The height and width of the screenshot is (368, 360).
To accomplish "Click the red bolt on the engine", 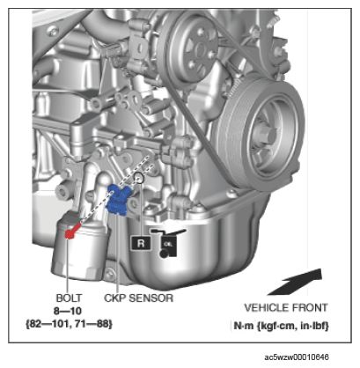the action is pyautogui.click(x=71, y=231).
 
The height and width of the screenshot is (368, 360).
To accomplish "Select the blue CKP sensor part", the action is pyautogui.click(x=118, y=200).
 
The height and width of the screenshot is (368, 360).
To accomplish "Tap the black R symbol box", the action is pyautogui.click(x=141, y=243).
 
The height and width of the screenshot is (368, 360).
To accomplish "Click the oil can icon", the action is pyautogui.click(x=168, y=243).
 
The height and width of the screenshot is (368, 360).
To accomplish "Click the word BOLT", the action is pyautogui.click(x=69, y=298).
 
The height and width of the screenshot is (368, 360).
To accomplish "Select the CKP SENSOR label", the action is pyautogui.click(x=138, y=298).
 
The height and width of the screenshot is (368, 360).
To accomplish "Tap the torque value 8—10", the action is pyautogui.click(x=68, y=311).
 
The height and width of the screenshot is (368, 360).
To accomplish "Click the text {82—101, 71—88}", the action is pyautogui.click(x=69, y=324).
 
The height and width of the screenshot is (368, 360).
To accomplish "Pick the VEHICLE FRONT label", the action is pyautogui.click(x=286, y=307).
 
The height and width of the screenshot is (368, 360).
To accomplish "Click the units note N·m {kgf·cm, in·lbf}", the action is pyautogui.click(x=281, y=326).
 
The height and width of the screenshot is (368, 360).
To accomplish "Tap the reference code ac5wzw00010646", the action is pyautogui.click(x=297, y=357).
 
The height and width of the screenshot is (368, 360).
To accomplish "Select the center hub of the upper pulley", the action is pyautogui.click(x=202, y=48).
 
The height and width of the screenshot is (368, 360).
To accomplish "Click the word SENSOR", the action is pyautogui.click(x=151, y=298).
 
